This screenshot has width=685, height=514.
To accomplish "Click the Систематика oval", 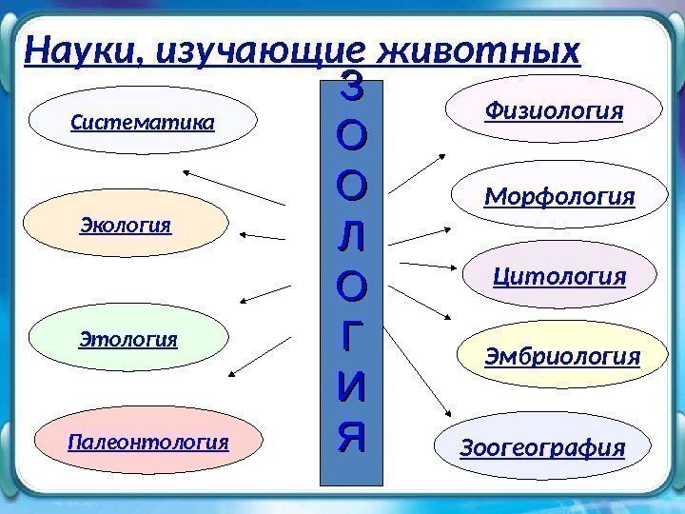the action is coord(143,123).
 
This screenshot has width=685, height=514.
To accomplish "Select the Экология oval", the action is coord(126,227).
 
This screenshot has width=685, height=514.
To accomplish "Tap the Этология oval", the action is coord(128,339).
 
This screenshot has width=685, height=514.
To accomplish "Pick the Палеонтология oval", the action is coord(148,443).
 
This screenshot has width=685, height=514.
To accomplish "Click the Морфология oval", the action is coord(558,198).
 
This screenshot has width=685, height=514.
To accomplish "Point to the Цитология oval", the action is coord(559,277).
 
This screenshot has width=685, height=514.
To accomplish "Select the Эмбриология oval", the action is coord(562,357).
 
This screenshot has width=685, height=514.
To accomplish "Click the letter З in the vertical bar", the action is coord(351,93).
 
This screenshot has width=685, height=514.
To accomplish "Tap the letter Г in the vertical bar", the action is coord(351,336).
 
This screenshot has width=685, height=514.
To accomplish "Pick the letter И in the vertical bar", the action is coord(351,387).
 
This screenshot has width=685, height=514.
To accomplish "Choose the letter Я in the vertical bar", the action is coord(351,437).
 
